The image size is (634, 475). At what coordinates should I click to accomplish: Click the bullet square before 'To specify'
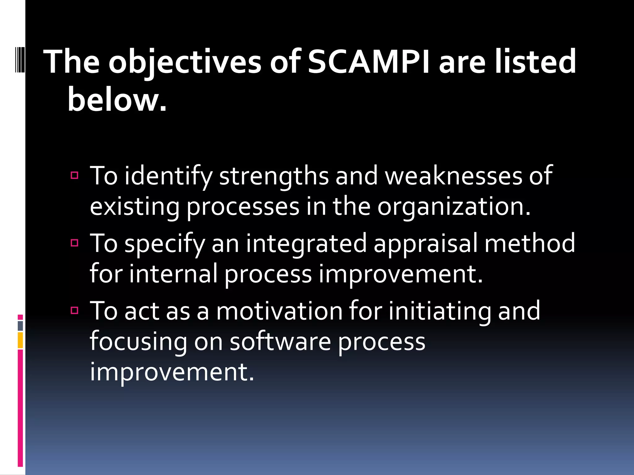point(75,243)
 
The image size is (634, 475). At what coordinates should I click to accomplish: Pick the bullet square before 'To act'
point(75,310)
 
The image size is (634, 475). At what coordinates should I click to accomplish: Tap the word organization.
point(454,207)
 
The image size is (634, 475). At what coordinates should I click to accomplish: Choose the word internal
point(173,274)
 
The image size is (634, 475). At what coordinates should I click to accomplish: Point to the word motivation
point(279,311)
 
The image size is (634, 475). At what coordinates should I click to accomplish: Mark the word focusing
point(138,342)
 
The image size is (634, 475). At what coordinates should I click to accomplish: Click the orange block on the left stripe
point(20,340)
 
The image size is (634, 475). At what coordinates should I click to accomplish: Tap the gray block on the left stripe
point(20,326)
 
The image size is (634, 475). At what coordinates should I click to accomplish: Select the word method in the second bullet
point(530,243)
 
